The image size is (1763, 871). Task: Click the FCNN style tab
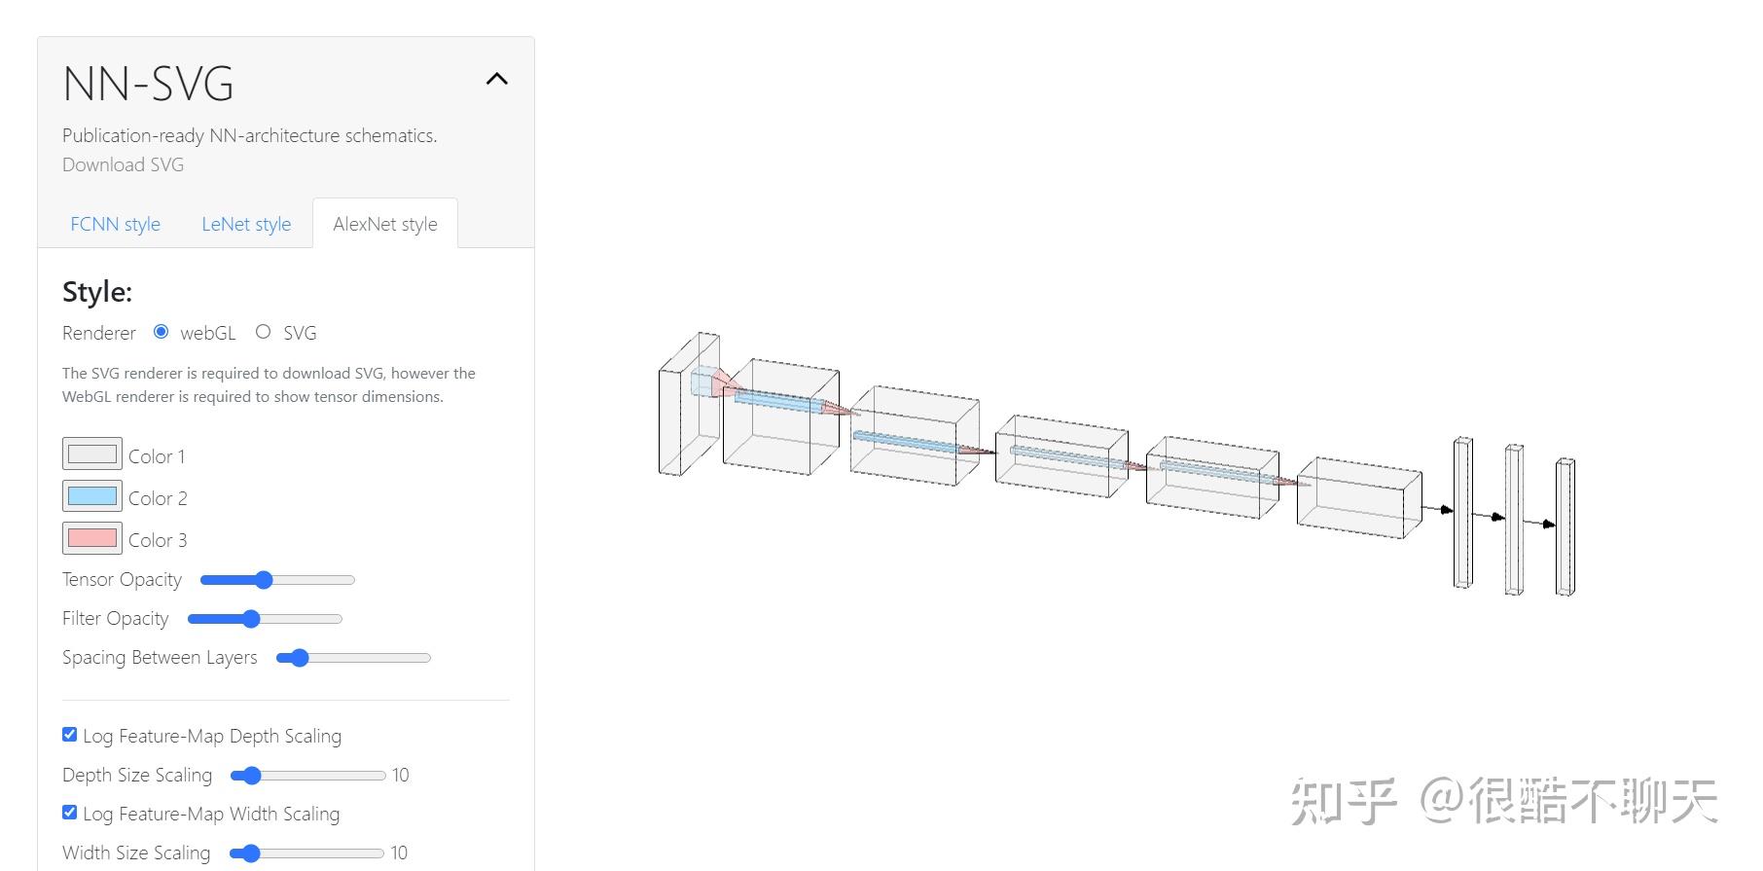[x=115, y=224]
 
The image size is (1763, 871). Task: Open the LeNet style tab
[x=246, y=224]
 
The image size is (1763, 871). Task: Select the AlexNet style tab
[x=385, y=224]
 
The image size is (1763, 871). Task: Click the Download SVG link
[x=123, y=164]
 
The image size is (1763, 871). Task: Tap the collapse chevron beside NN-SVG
[x=497, y=79]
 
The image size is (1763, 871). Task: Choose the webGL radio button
[x=162, y=332]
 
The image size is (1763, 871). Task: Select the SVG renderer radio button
[x=263, y=332]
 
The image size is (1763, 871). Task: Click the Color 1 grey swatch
[x=92, y=454]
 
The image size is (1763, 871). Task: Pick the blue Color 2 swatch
[x=92, y=496]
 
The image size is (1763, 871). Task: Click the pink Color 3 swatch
[x=92, y=538]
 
